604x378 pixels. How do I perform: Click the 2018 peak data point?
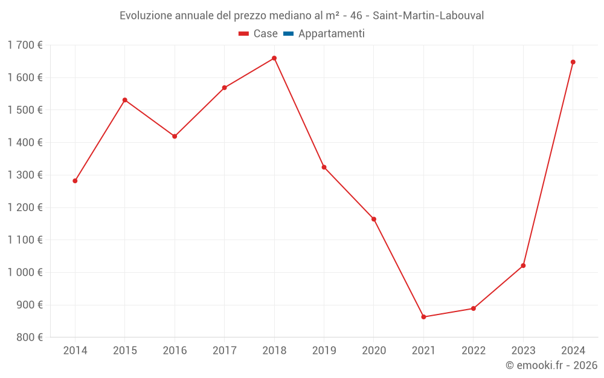coord(274,58)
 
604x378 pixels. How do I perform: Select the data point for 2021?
coord(423,317)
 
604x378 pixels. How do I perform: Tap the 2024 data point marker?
coord(573,62)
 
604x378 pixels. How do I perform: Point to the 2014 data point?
coord(75,181)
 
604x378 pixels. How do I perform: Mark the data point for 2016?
coord(175,136)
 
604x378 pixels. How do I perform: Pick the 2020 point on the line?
coord(374,219)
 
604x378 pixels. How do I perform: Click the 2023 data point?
coord(523,266)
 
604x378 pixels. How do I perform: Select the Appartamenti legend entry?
coord(331,34)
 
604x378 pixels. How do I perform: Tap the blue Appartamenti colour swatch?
coord(288,34)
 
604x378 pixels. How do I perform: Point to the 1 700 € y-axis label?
coord(25,45)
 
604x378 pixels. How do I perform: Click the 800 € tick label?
coord(28,337)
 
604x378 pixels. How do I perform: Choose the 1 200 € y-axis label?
coord(25,207)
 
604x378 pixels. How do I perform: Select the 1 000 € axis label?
coord(25,272)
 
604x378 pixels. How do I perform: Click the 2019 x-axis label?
coord(324,351)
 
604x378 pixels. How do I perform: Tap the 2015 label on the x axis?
coord(125,351)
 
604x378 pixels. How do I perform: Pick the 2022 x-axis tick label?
coord(473,351)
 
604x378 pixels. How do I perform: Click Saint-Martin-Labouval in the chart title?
coord(428,16)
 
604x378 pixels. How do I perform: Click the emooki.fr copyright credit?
coord(551,365)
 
